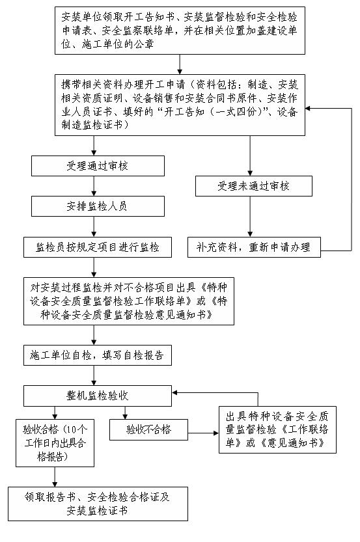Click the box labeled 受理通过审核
tap(97, 166)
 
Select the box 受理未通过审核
tap(253, 186)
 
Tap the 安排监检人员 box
tap(97, 206)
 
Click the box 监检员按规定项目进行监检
tap(97, 247)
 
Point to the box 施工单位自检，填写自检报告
tap(97, 355)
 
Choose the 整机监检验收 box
tap(97, 395)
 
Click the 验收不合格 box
tap(148, 429)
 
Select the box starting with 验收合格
tap(55, 442)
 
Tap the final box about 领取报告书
tap(97, 504)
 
